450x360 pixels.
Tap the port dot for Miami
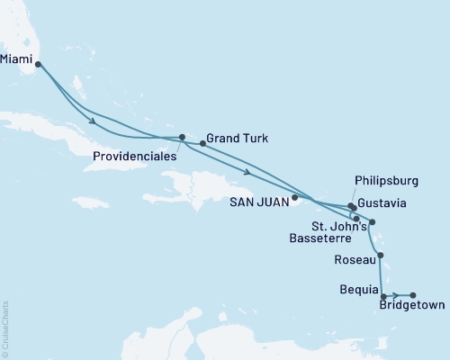38,65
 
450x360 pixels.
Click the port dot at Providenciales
182,138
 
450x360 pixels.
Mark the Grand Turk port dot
202,142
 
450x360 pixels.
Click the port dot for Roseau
382,256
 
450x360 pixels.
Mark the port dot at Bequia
384,296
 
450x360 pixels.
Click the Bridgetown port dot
413,295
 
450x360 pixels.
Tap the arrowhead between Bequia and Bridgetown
397,295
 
